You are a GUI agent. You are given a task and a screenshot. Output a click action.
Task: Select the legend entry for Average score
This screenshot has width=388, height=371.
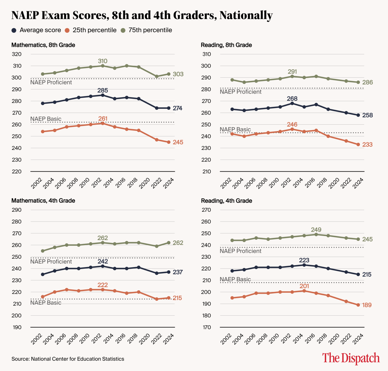click(x=36, y=30)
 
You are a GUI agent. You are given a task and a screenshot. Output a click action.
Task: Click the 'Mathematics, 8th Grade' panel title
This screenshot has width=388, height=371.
click(x=43, y=45)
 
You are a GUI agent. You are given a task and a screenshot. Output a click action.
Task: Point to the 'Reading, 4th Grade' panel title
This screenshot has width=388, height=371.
click(x=227, y=201)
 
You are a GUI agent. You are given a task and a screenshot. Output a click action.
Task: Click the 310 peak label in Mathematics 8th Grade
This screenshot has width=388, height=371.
click(x=103, y=61)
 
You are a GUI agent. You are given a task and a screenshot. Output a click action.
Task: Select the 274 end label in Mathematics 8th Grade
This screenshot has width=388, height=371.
click(x=177, y=108)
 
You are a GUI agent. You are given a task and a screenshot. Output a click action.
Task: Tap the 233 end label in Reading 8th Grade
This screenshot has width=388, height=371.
click(x=367, y=145)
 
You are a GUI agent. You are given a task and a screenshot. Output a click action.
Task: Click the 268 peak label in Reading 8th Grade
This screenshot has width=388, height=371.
click(x=292, y=98)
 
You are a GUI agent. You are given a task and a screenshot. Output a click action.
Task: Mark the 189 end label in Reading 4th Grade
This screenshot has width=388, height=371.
click(x=367, y=305)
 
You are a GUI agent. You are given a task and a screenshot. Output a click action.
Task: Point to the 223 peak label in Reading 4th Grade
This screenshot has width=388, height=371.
click(x=304, y=260)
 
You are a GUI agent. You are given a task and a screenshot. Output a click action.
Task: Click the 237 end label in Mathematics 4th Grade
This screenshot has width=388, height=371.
click(x=178, y=272)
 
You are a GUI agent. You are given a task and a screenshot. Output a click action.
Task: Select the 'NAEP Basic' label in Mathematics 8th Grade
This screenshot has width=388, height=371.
click(x=46, y=119)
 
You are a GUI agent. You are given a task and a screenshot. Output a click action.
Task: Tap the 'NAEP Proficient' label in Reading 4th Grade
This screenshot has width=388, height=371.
click(x=240, y=251)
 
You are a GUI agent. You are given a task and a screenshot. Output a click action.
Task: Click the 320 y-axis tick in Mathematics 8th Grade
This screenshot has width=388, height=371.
click(x=17, y=54)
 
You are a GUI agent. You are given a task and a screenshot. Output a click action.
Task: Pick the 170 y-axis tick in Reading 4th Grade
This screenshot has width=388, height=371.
click(x=206, y=327)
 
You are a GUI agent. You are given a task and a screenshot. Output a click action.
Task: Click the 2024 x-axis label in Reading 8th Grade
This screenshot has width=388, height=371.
click(x=358, y=183)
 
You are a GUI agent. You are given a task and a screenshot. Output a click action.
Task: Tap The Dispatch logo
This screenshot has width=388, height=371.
click(x=351, y=358)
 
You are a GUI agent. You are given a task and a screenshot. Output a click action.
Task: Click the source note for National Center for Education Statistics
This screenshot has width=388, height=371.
click(x=68, y=359)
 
